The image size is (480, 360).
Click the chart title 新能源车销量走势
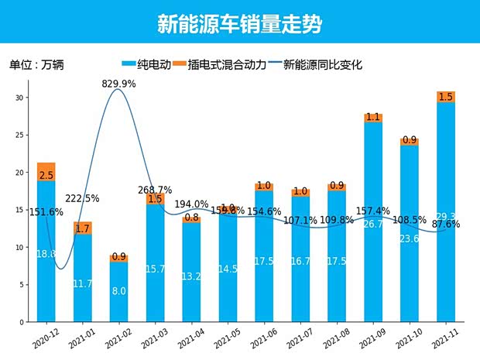239,24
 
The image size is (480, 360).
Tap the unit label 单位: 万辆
36,65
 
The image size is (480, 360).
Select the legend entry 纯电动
148,65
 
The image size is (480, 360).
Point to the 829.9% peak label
119,84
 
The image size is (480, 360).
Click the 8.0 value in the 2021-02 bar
118,292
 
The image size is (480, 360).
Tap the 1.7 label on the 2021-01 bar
82,228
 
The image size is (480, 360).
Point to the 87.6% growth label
447,225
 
